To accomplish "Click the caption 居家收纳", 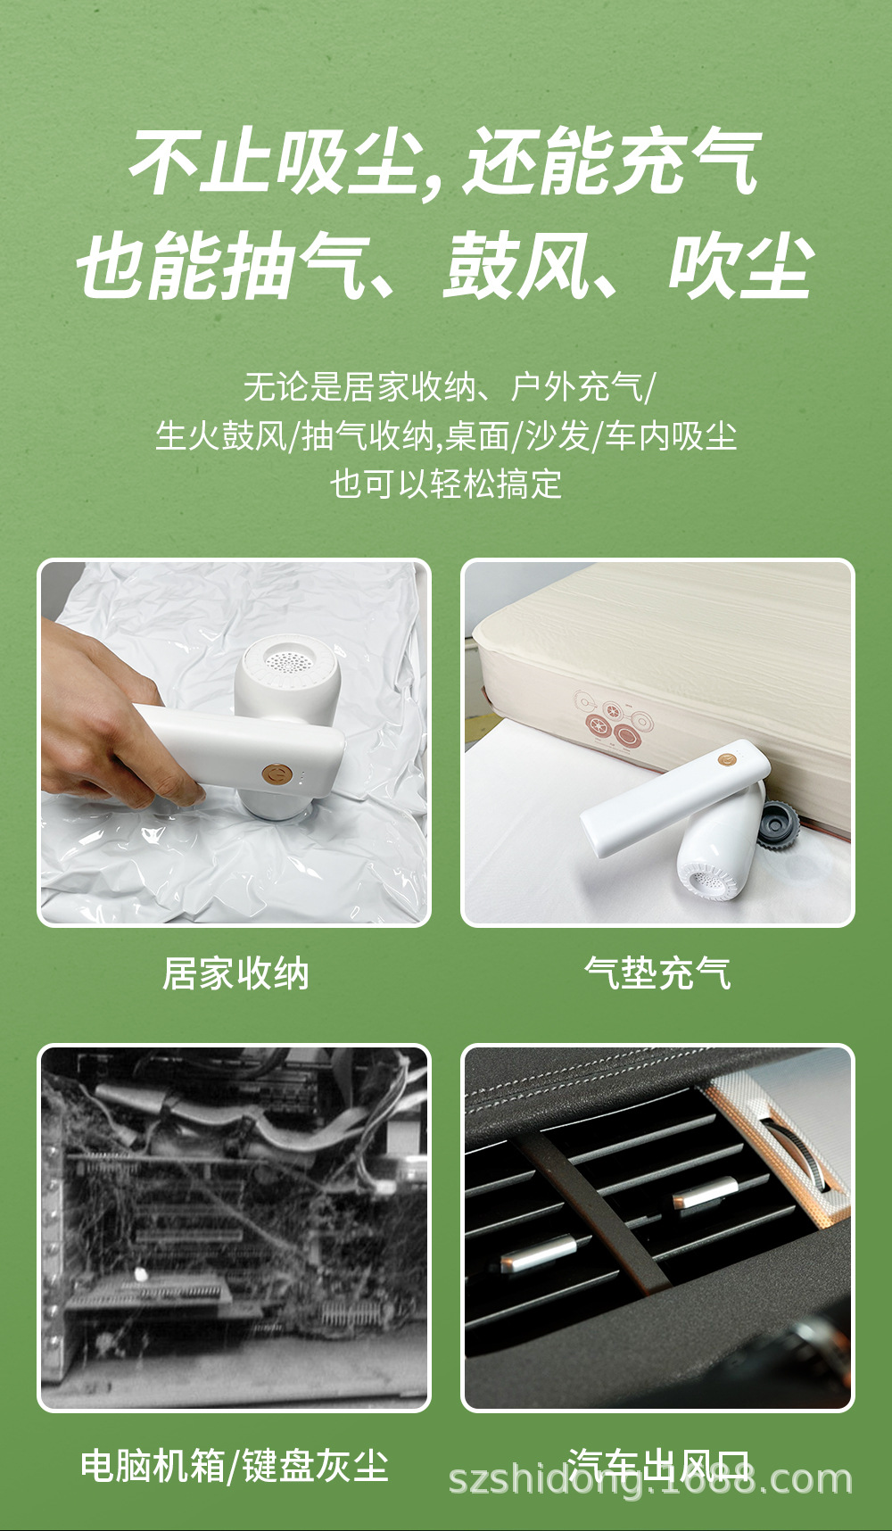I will [235, 973].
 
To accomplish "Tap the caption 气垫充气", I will [657, 973].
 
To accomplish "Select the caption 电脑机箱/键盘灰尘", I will [235, 1466].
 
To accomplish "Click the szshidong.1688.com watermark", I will [650, 1479].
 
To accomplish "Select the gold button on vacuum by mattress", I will [727, 759].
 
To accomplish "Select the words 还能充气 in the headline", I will [612, 162].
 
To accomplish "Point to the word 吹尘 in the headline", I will [740, 266].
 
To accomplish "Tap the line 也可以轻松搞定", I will [446, 484].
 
